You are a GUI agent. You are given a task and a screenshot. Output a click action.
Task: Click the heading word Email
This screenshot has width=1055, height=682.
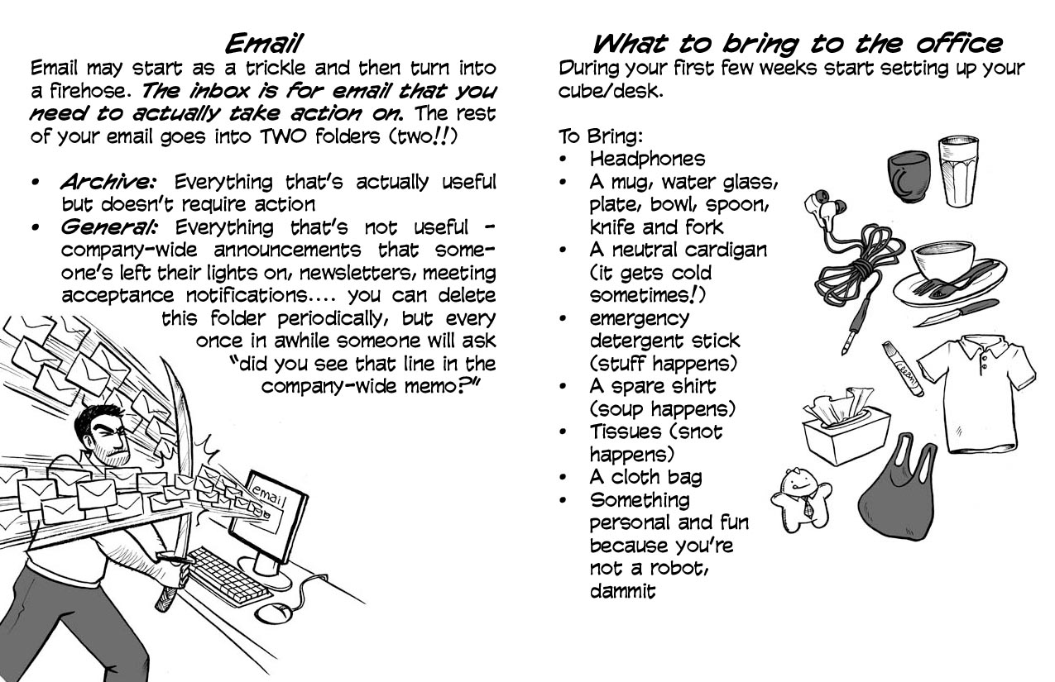(263, 44)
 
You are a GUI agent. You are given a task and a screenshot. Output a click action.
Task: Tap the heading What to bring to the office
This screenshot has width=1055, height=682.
(797, 44)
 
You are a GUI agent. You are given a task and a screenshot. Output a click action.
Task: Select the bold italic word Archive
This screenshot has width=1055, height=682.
(108, 182)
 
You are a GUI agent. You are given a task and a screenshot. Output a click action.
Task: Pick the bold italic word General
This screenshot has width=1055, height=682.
(108, 227)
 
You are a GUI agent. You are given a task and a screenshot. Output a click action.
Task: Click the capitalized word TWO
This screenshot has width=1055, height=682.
(283, 136)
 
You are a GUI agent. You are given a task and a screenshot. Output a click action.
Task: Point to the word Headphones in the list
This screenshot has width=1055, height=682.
(648, 159)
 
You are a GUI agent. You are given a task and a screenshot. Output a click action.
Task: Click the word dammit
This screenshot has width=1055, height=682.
(622, 591)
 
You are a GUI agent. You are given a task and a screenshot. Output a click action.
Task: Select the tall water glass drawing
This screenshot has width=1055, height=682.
(958, 171)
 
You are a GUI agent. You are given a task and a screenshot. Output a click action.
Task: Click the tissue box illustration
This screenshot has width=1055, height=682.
(846, 427)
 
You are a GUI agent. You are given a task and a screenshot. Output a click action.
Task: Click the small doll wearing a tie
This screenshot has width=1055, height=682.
(801, 500)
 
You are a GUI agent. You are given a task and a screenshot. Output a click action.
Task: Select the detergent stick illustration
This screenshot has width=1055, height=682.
(903, 369)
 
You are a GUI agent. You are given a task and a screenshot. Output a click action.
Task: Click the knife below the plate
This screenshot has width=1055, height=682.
(955, 312)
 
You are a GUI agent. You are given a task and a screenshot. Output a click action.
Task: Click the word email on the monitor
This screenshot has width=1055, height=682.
(267, 494)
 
